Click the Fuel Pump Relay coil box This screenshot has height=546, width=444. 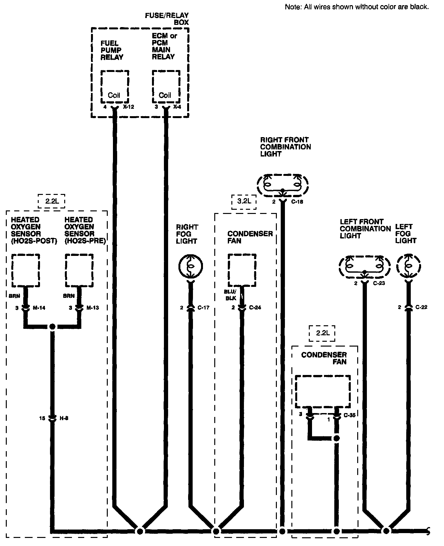[x=115, y=86]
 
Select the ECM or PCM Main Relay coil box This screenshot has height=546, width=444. [x=166, y=86]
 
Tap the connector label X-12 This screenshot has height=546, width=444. [x=128, y=107]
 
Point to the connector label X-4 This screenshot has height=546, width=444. [x=177, y=107]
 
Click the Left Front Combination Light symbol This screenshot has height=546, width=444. [x=365, y=266]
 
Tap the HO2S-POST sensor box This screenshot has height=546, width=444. [x=26, y=270]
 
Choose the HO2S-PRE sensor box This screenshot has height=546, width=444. [x=79, y=270]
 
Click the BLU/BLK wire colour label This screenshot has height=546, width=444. [x=230, y=295]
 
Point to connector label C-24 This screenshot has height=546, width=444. [x=255, y=308]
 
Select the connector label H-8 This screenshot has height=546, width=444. [x=64, y=419]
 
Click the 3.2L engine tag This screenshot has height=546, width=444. [x=244, y=201]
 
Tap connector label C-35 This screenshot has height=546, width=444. [x=349, y=415]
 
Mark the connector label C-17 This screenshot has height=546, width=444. [x=203, y=308]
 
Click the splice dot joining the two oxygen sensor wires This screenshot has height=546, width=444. [x=52, y=327]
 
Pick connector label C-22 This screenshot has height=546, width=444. [x=421, y=307]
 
